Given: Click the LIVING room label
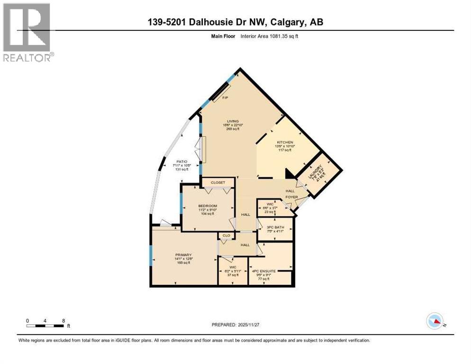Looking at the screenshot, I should (x=232, y=121).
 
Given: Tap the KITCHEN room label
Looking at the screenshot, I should (x=285, y=142).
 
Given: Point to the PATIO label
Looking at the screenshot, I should (x=180, y=161).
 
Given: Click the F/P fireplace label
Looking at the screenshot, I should (x=226, y=98).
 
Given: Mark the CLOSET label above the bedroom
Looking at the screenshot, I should (x=218, y=182).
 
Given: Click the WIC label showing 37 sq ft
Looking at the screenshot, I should (x=232, y=267).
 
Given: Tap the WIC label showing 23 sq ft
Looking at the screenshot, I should (x=270, y=204).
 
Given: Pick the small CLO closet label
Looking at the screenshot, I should (x=226, y=235).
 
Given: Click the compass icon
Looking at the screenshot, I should (x=435, y=321).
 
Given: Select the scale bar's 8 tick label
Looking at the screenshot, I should (x=63, y=320).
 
